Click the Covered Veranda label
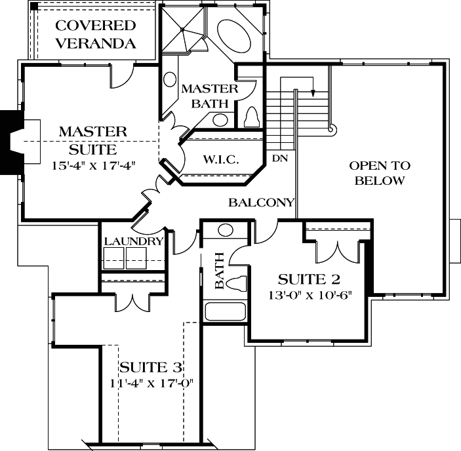96,35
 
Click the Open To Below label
380,173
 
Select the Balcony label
261,203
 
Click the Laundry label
133,241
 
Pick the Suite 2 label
310,279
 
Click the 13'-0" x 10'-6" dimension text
310,294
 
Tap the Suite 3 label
150,367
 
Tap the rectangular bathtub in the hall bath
225,311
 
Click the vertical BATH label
220,271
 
